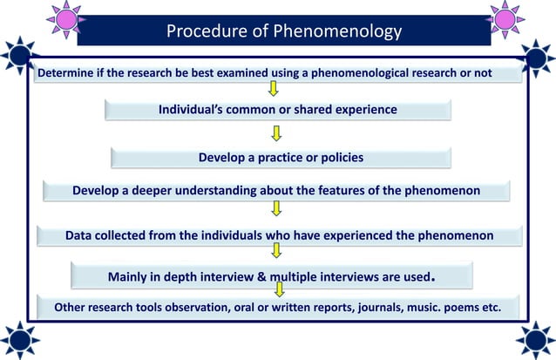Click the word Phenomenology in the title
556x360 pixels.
click(338, 31)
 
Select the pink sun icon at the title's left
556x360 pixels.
click(62, 17)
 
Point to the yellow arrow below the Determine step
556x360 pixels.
click(275, 89)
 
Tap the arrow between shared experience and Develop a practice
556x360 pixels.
click(276, 132)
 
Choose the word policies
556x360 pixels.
click(336, 158)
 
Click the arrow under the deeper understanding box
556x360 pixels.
click(276, 208)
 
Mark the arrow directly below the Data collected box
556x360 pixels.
click(276, 251)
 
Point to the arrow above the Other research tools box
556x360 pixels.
click(279, 289)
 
